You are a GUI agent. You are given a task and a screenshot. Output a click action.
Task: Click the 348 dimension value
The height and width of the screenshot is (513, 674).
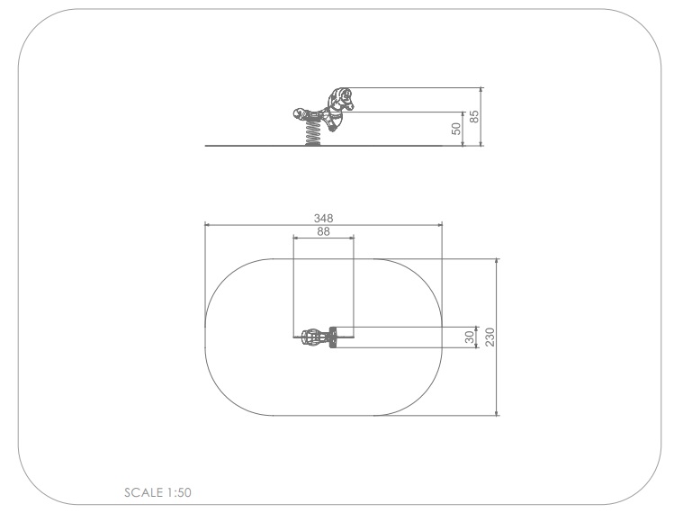pos(323,219)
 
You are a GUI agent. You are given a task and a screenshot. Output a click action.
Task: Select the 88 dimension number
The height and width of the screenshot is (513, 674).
pos(323,232)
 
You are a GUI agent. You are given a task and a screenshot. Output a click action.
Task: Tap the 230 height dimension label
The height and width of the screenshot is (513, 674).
pos(490,337)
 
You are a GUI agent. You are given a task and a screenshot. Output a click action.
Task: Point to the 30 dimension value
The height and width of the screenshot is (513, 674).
pos(471,337)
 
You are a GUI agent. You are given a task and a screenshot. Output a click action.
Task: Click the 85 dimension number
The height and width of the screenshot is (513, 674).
pos(473,116)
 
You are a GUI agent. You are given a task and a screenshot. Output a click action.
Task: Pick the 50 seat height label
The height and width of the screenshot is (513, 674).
pos(456,129)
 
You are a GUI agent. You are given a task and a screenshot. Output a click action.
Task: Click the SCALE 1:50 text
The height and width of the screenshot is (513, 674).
pos(157,492)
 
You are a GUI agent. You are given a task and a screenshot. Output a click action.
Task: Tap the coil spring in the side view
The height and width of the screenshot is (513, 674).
pos(312,133)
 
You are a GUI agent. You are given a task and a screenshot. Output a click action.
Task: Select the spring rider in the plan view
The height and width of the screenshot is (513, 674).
pos(319,337)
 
